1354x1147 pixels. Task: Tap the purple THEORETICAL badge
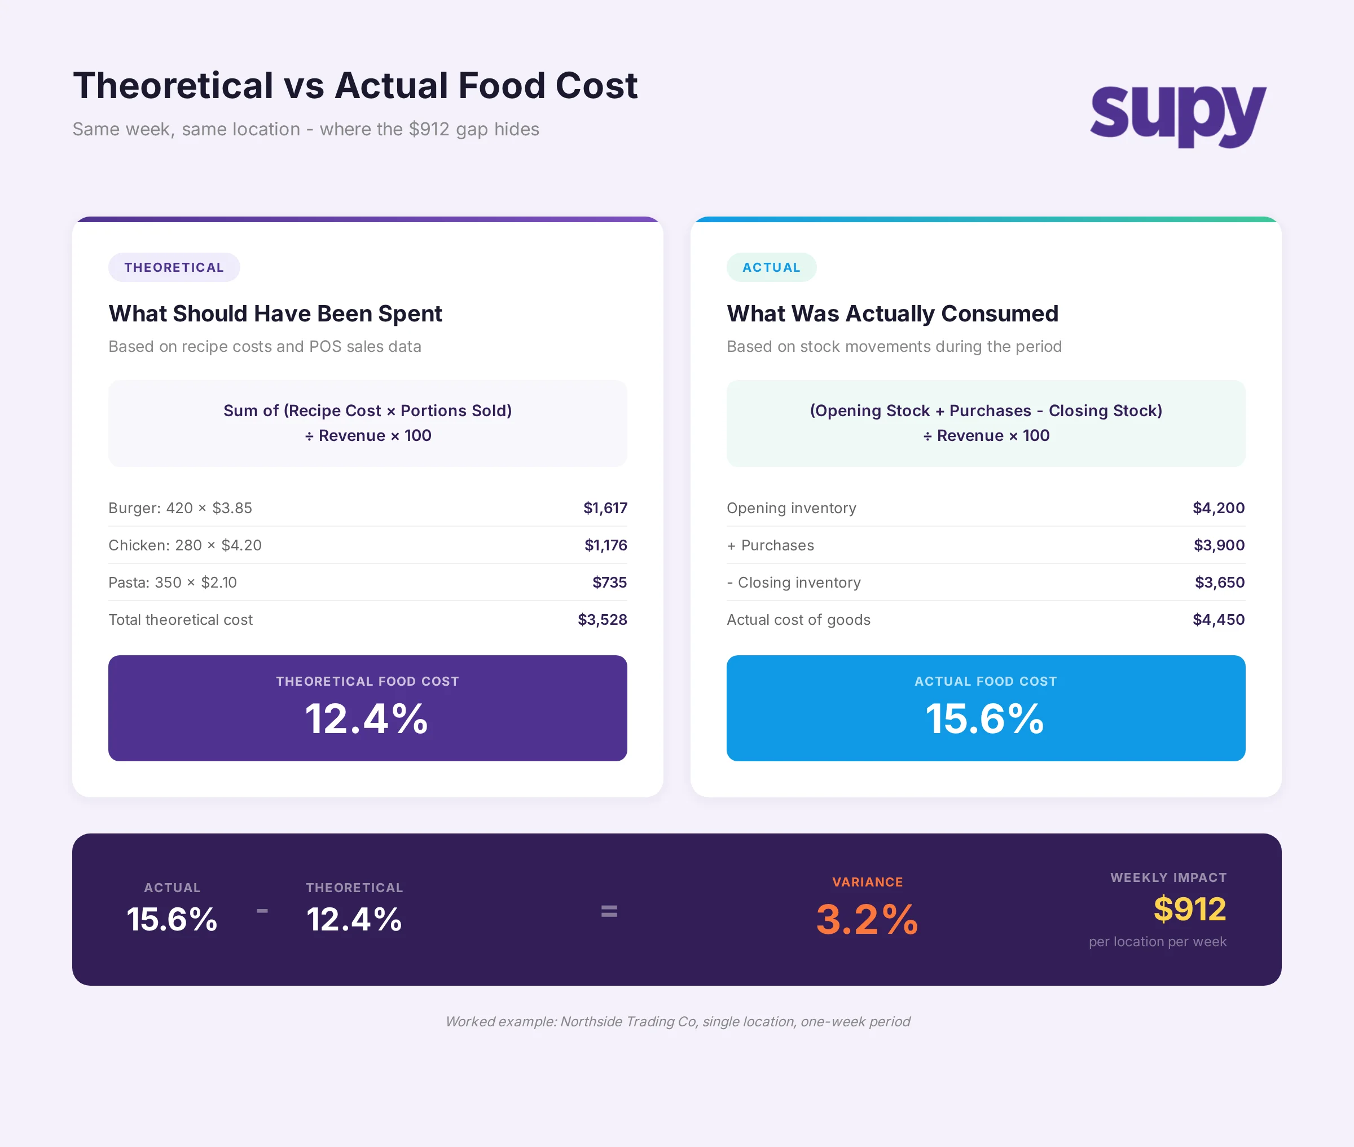coord(174,267)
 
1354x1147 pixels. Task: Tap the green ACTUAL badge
coord(771,267)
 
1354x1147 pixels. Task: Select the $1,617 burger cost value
coord(605,508)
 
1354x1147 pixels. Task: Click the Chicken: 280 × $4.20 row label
coord(184,545)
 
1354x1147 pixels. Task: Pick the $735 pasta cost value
coord(609,582)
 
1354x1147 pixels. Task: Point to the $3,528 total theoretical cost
coord(602,620)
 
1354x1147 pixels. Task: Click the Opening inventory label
coord(791,508)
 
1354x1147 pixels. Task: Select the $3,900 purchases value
coord(1218,545)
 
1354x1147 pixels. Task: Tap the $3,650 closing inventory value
coord(1219,582)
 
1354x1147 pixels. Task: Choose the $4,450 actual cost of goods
coord(1218,620)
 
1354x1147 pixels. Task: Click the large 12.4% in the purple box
coord(367,719)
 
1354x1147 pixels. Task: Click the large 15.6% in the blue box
coord(984,719)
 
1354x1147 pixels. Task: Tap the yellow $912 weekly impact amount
coord(1189,909)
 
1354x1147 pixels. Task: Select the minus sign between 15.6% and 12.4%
coord(262,911)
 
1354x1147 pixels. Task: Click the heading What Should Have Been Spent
coord(275,314)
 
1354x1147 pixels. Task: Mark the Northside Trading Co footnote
coord(677,1021)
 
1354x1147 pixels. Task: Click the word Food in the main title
coord(501,86)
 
